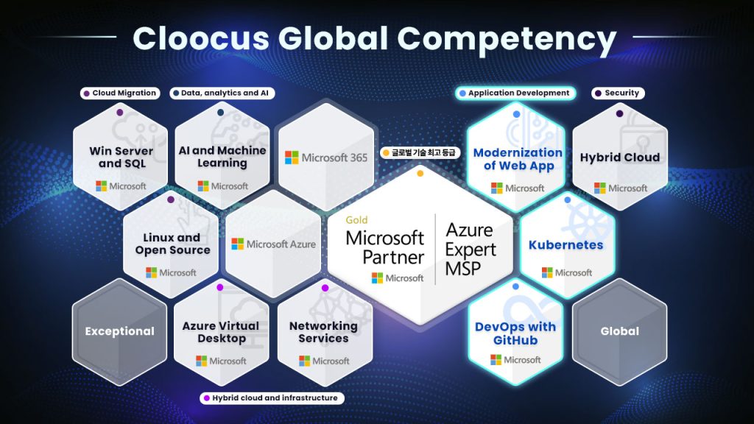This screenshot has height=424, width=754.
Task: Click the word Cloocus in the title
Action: click(201, 38)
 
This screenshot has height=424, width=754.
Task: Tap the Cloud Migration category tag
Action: click(120, 93)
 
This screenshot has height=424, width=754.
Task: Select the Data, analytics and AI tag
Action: click(222, 93)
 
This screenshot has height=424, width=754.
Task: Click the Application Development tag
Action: click(515, 93)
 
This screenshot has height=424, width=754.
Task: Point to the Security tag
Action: click(618, 93)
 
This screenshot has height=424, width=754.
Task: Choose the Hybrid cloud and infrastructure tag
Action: click(272, 398)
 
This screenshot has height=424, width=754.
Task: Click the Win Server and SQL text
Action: click(121, 158)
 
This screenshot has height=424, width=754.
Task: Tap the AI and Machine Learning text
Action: click(222, 157)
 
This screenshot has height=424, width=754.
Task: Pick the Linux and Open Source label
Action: click(172, 244)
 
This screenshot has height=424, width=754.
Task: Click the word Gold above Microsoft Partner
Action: click(356, 220)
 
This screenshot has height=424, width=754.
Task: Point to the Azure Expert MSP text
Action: click(471, 249)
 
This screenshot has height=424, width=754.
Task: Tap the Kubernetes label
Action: click(566, 245)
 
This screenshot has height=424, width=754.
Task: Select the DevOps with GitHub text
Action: click(515, 333)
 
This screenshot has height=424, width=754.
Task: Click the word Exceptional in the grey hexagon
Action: click(120, 331)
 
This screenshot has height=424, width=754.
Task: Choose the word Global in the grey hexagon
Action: click(620, 331)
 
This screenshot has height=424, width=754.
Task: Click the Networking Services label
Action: click(324, 332)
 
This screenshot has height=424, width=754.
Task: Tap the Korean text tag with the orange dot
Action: click(420, 153)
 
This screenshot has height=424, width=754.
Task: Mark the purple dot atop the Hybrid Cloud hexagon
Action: click(619, 113)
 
